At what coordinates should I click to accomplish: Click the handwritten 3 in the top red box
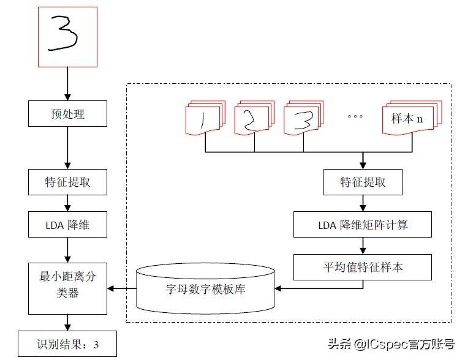(x=63, y=33)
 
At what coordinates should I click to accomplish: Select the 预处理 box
(x=67, y=113)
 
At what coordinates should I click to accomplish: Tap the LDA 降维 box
(x=67, y=224)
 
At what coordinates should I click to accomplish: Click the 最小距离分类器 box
(x=67, y=288)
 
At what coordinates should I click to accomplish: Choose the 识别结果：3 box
(x=67, y=343)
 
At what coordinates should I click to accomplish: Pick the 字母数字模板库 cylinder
(x=205, y=288)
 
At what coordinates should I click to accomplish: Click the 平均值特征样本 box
(x=363, y=267)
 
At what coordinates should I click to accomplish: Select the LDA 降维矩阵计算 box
(x=363, y=224)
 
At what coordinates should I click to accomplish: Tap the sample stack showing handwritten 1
(x=205, y=118)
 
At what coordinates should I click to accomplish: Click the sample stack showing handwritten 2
(x=254, y=118)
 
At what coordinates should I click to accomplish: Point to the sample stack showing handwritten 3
(x=304, y=118)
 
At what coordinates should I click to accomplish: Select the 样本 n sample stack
(x=412, y=118)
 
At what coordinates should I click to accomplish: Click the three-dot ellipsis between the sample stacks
(x=355, y=116)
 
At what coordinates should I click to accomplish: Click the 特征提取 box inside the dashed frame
(x=363, y=182)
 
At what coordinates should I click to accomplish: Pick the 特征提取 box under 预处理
(x=67, y=182)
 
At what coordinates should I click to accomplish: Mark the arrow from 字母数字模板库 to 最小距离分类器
(x=122, y=288)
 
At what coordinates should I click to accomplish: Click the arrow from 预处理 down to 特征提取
(x=67, y=148)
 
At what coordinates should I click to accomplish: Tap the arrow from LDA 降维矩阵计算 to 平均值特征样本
(x=363, y=246)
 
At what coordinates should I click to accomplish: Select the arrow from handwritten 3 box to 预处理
(x=67, y=84)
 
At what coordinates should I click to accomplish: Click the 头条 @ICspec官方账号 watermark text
(x=391, y=344)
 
